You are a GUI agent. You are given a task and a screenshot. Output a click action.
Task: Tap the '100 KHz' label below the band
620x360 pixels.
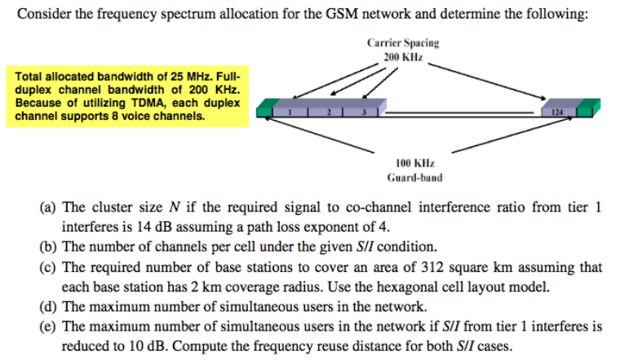(414, 163)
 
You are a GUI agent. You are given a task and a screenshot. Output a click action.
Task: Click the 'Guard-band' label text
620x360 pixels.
(414, 177)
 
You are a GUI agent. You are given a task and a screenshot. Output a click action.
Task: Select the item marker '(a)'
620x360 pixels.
(49, 207)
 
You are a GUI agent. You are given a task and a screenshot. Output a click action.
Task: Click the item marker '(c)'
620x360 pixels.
(49, 268)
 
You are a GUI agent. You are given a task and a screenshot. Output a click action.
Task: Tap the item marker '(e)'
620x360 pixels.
(49, 327)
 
